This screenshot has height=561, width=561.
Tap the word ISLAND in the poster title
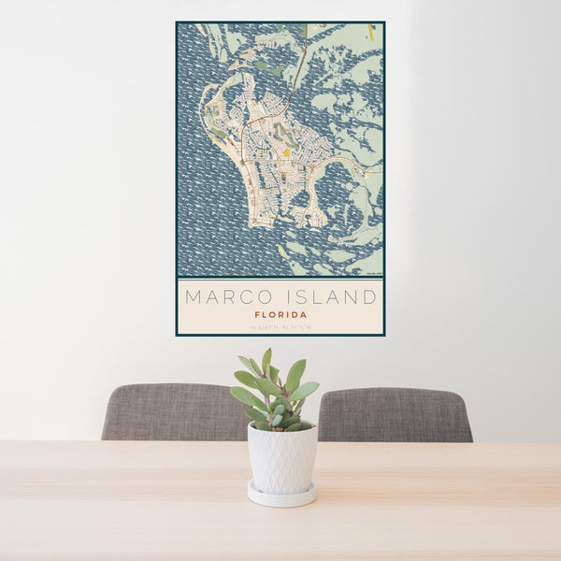(331, 297)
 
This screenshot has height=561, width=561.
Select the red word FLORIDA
(280, 315)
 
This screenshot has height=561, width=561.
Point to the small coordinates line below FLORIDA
(280, 325)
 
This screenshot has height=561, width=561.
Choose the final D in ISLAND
(371, 297)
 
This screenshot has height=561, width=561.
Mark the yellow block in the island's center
(286, 152)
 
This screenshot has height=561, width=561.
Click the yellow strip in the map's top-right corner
(371, 32)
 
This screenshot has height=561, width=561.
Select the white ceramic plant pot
(281, 458)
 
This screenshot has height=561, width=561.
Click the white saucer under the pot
(281, 495)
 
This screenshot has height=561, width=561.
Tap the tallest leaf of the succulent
(267, 360)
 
